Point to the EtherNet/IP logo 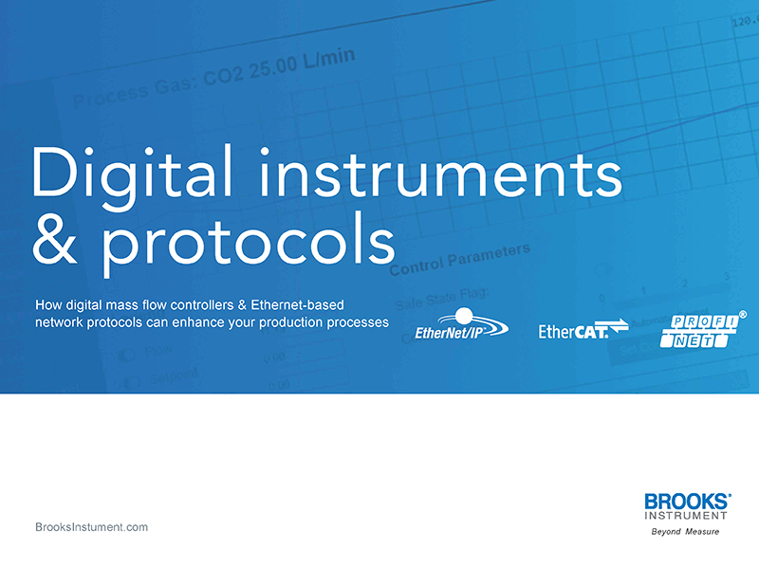pos(461,324)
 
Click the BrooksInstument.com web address pos(91,527)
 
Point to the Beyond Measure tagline pos(684,532)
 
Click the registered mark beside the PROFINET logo pos(742,312)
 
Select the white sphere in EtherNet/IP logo pos(464,316)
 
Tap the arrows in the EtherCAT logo pos(618,328)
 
